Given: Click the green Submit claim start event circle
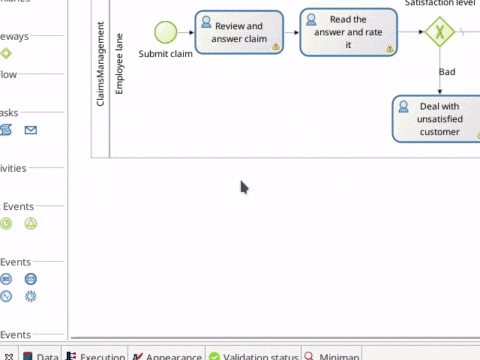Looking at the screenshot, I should coord(165,33).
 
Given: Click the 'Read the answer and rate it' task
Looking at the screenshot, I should coord(348,33).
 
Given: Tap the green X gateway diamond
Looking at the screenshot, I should coord(439,33).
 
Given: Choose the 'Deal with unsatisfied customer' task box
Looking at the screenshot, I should coord(440,119).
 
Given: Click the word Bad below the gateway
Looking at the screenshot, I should coord(447,72).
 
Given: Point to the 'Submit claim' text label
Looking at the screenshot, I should coord(166,54).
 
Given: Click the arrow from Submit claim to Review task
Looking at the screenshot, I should coord(186,33).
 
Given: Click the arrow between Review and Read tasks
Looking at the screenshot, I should coord(290,33).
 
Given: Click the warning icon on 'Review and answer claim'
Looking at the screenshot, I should coord(275,46).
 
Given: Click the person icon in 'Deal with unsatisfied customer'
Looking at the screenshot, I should coord(402,105).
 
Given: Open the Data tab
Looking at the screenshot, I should coord(41,355).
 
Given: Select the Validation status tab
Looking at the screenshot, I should coord(254,355).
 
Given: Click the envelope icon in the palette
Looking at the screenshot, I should coord(31,130).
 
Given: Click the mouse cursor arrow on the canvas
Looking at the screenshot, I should coord(244,186).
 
